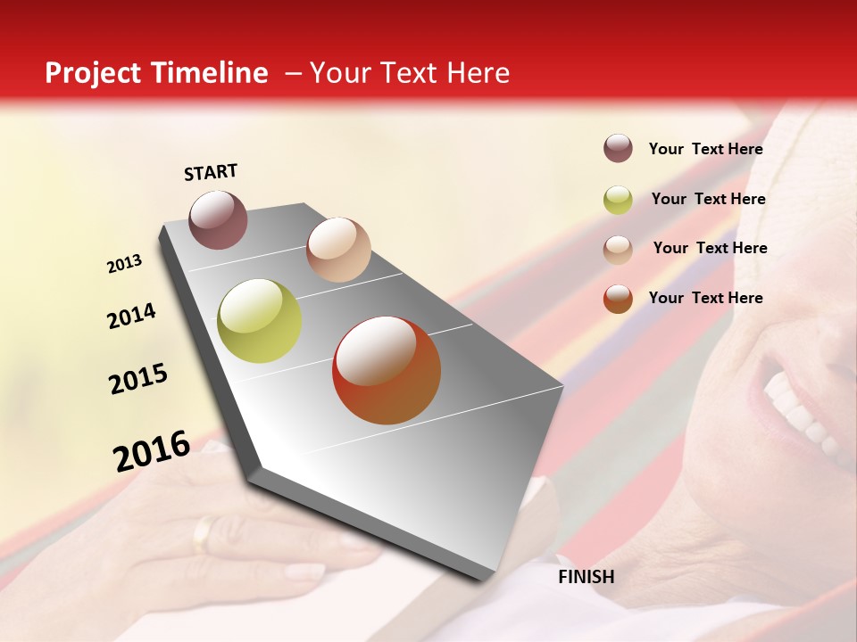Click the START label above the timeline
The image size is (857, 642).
point(211,172)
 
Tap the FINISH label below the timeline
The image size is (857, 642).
point(586,577)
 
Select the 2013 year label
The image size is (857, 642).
point(125,264)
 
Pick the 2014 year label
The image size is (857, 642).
point(131,317)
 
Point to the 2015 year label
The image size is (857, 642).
point(138,379)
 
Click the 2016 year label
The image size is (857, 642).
point(152,451)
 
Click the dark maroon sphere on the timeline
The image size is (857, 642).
point(218,219)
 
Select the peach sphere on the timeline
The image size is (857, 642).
point(338,249)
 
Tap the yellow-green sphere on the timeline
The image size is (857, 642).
point(259,321)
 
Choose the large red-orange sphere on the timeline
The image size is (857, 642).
point(387,370)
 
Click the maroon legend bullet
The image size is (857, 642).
point(618,148)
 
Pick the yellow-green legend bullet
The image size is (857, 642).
point(618,200)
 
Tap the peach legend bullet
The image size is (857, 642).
point(618,250)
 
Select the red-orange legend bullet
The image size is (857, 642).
point(618,299)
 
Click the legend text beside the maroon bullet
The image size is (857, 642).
point(705,149)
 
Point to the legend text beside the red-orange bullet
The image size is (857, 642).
point(705,298)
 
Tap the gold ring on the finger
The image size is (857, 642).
point(204,533)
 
